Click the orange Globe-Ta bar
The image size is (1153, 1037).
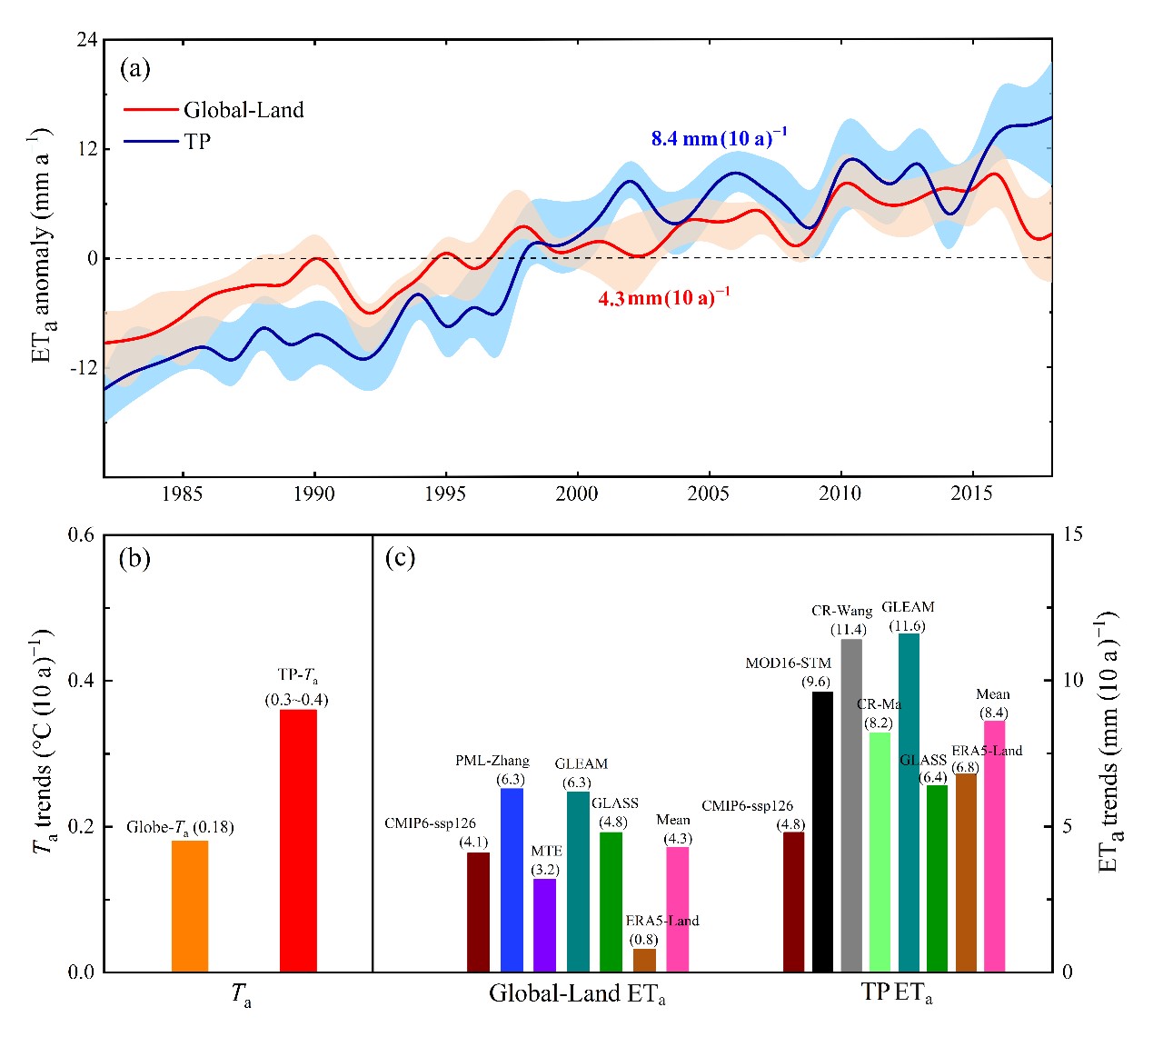pos(190,906)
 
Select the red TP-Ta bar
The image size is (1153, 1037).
pos(298,841)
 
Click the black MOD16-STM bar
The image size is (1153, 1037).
pos(822,832)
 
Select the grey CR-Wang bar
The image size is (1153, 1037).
pos(851,805)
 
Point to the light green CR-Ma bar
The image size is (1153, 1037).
pos(880,852)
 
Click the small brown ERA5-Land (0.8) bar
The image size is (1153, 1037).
pos(644,960)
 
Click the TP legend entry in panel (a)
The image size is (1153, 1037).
pos(197,141)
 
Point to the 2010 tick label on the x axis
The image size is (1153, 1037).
pos(840,494)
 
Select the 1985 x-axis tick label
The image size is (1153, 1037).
pos(183,494)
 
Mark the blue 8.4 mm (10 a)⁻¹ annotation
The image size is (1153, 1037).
pos(719,138)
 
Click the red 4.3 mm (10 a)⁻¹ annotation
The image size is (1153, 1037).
pos(663,297)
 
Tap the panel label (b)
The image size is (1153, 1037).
pos(134,558)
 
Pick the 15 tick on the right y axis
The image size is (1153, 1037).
pos(1073,533)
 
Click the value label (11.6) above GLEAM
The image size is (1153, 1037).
pos(909,625)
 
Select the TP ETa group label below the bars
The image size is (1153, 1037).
pos(896,993)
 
